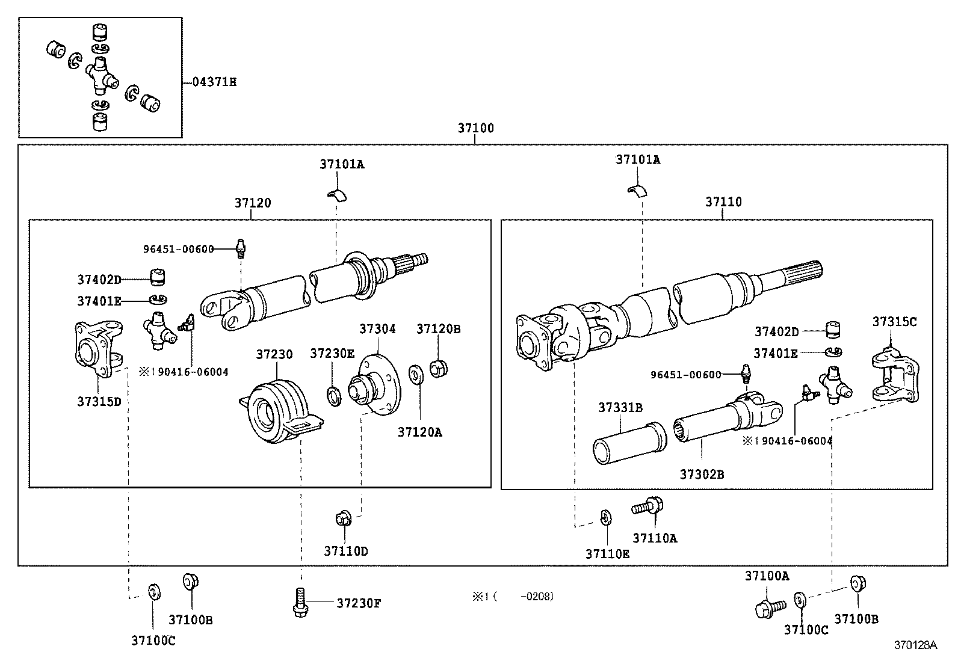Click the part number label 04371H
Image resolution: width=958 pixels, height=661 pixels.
point(214,82)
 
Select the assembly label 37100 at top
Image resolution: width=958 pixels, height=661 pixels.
point(475,128)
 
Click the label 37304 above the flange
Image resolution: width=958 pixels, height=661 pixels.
point(377,329)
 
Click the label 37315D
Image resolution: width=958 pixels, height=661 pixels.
point(99,402)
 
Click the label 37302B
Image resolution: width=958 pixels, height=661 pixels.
point(702,474)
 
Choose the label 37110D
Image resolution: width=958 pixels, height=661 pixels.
point(345,551)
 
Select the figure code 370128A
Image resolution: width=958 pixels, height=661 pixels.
point(915,645)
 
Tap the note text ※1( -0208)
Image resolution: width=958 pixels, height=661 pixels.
point(512,597)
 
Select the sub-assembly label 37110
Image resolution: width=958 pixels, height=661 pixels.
point(723,202)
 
